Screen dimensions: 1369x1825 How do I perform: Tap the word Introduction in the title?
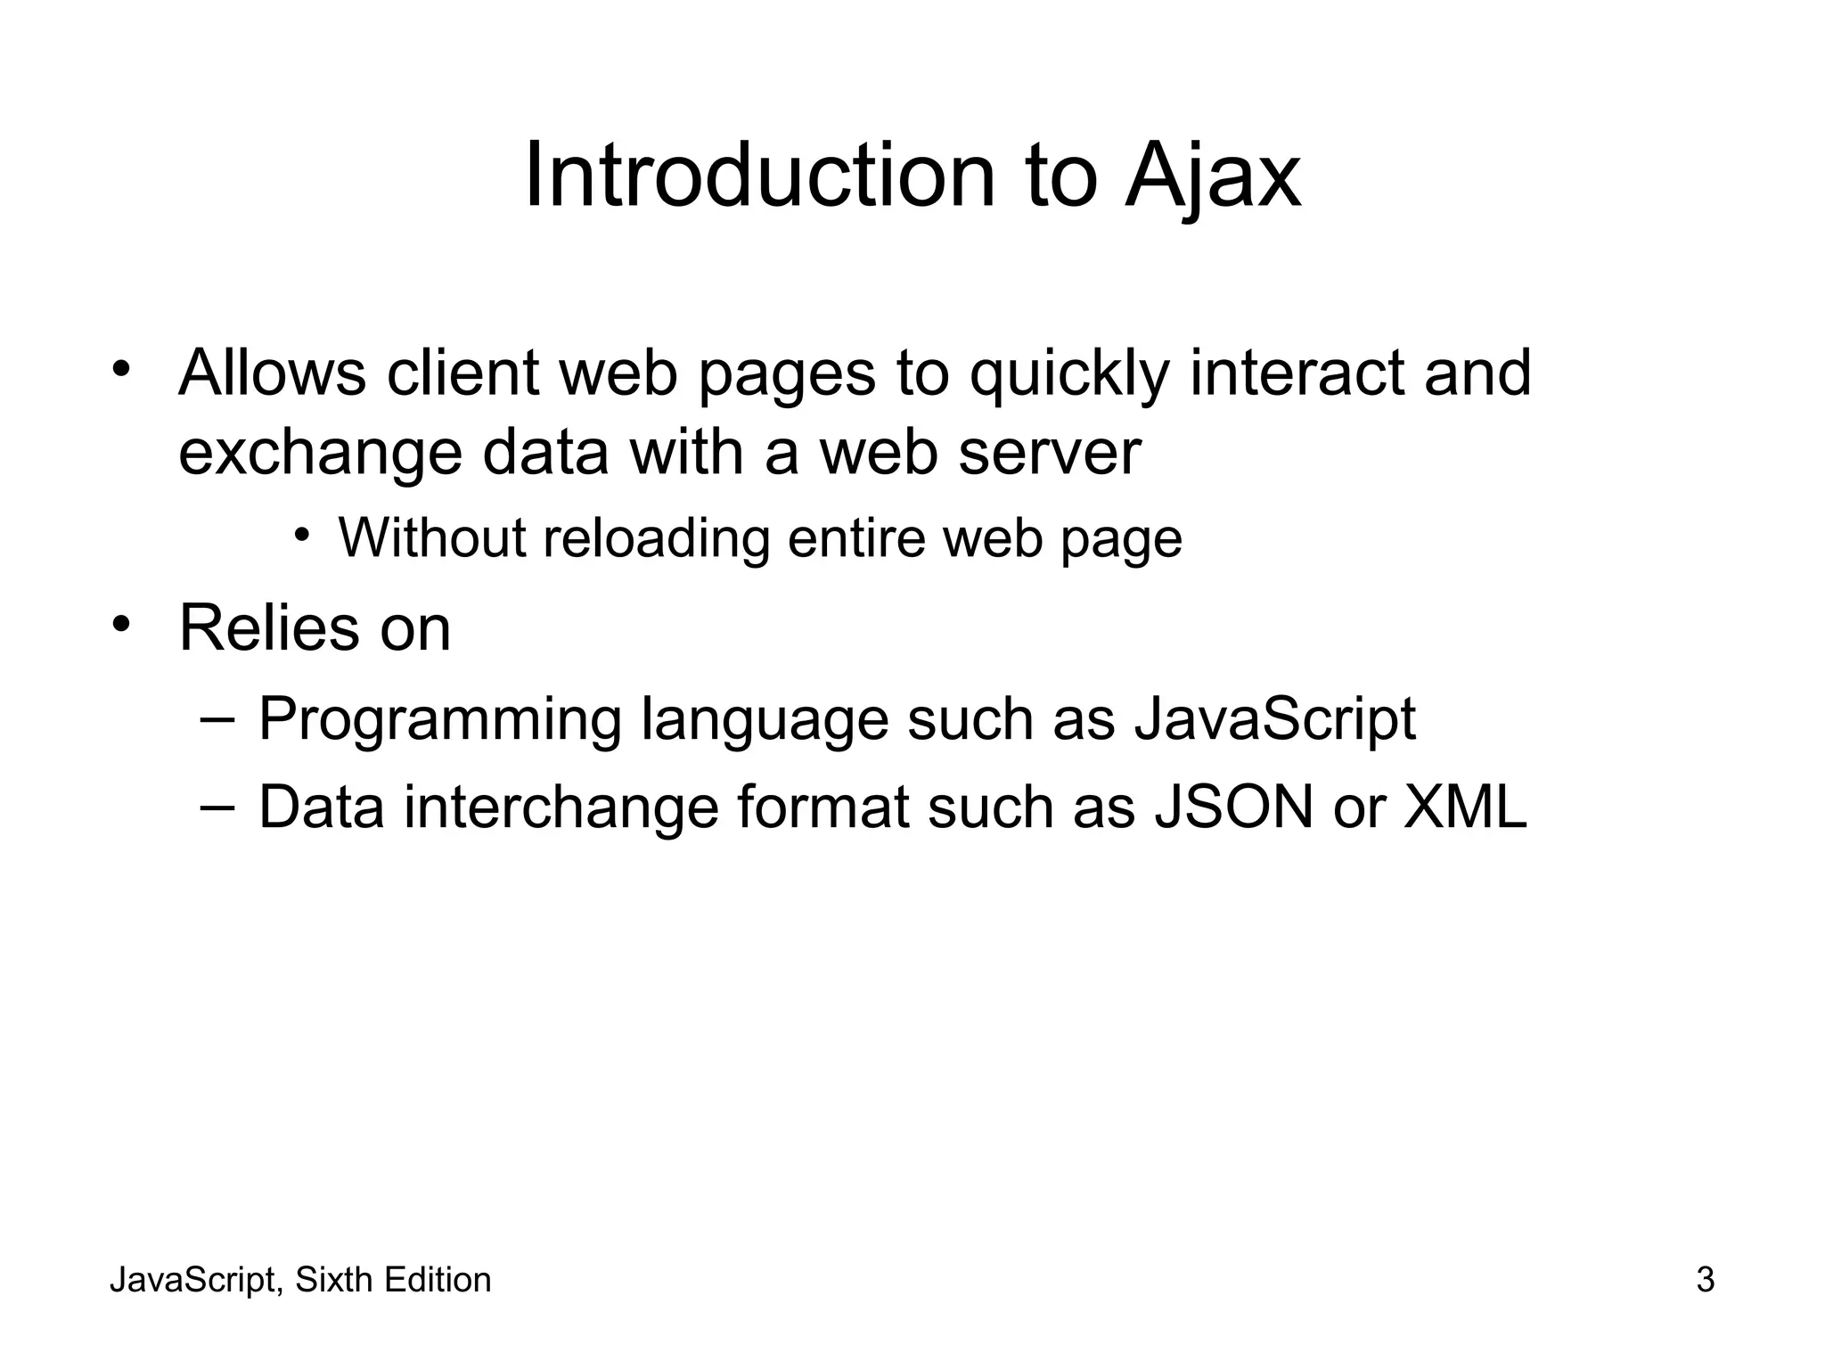[758, 176]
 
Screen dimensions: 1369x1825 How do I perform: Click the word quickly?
[1068, 374]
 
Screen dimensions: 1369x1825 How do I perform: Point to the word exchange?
[320, 454]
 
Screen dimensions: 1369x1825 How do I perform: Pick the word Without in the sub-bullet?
[432, 538]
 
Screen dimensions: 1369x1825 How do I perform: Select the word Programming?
[439, 720]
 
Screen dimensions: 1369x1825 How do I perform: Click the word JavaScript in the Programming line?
[1274, 718]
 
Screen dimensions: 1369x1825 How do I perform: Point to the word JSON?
[1233, 807]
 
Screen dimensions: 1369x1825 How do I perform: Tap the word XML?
[1465, 807]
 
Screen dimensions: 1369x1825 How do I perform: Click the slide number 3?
[1705, 1280]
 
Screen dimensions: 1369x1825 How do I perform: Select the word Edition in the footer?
[437, 1280]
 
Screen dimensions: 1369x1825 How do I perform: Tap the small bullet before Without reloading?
[302, 535]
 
